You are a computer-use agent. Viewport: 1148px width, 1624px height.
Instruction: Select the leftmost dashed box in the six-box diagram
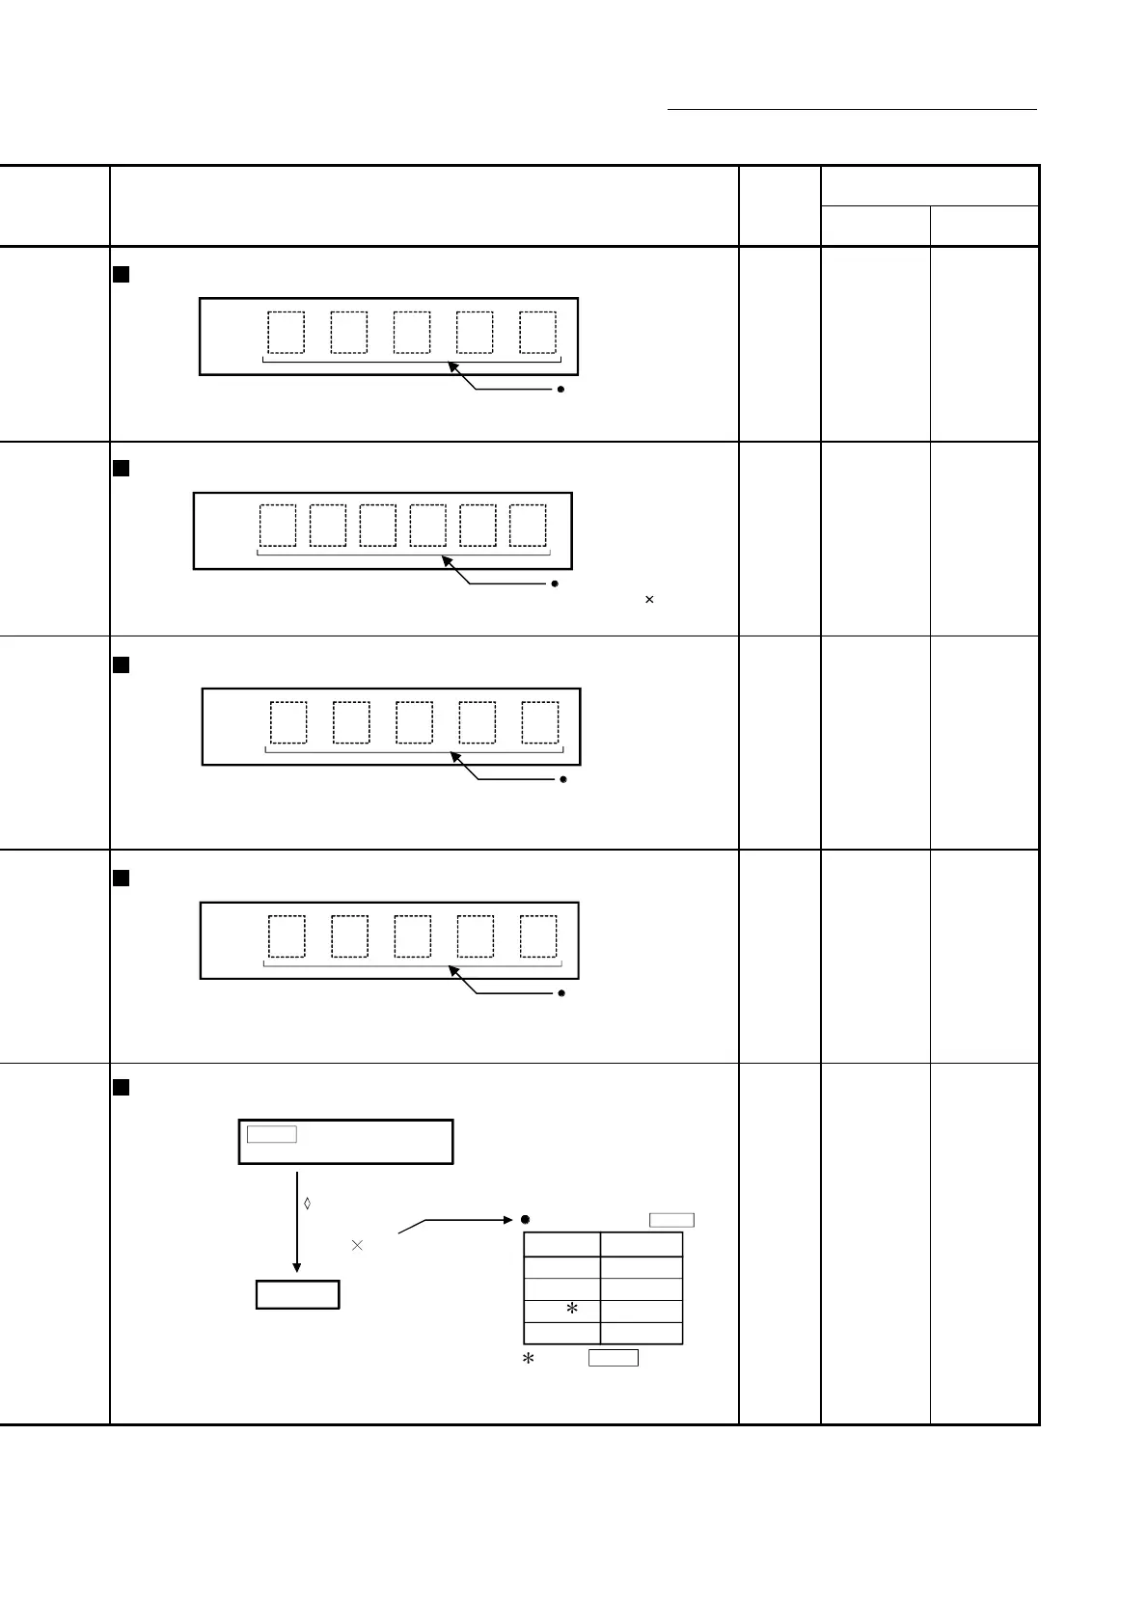click(x=278, y=526)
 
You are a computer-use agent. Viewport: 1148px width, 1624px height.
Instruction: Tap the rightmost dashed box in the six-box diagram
click(x=528, y=526)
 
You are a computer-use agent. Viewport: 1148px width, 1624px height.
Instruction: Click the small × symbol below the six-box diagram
click(x=649, y=600)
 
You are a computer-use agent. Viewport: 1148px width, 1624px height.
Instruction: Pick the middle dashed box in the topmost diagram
click(x=412, y=333)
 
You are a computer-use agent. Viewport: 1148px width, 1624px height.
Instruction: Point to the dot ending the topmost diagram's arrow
click(x=561, y=390)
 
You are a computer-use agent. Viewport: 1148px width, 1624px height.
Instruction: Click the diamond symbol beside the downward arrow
click(x=308, y=1204)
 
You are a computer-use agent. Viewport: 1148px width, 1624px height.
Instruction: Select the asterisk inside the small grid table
click(x=572, y=1310)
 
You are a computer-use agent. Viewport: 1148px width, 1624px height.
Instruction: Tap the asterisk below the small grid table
click(x=529, y=1359)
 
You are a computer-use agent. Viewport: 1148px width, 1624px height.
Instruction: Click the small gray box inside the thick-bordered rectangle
click(x=272, y=1134)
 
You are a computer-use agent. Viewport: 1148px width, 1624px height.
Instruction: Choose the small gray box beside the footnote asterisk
click(x=614, y=1358)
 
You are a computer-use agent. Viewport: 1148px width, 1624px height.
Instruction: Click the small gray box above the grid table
click(x=671, y=1220)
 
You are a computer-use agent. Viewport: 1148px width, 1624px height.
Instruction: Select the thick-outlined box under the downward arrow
click(x=297, y=1294)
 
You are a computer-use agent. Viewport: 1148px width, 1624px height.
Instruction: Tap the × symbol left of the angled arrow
click(x=357, y=1245)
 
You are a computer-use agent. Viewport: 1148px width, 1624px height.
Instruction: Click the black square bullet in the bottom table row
click(x=122, y=1088)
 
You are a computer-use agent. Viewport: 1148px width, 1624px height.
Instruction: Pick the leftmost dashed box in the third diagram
click(x=288, y=722)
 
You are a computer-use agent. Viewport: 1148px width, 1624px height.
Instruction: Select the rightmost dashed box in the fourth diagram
click(x=538, y=936)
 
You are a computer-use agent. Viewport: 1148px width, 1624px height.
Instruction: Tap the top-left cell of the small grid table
click(x=561, y=1244)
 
